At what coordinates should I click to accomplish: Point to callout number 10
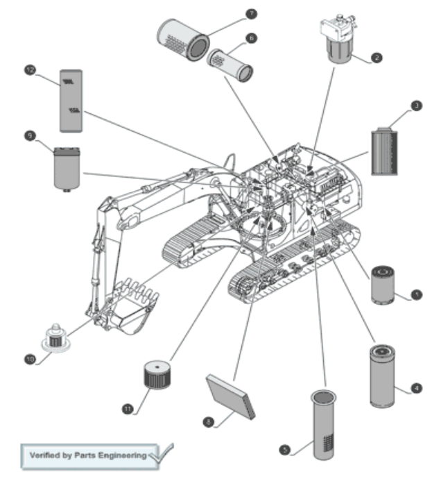coord(30,359)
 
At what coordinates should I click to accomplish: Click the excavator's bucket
coord(131,309)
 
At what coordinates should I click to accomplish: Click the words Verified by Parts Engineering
coord(88,455)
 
